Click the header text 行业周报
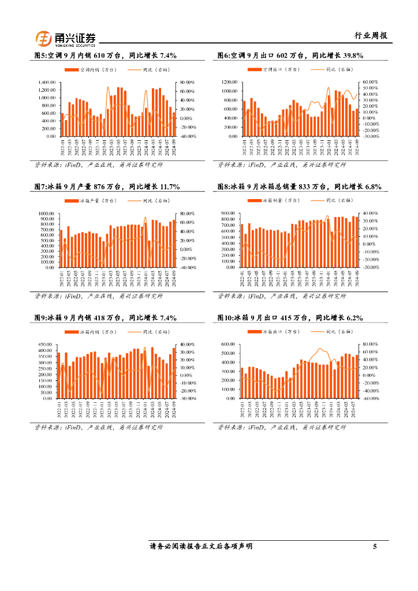click(x=370, y=36)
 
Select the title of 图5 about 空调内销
click(x=105, y=56)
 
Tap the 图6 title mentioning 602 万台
click(x=290, y=56)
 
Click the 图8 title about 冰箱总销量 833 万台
click(x=299, y=187)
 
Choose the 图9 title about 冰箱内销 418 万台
click(x=105, y=318)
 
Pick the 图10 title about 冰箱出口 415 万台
click(x=290, y=318)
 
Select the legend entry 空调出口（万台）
click(x=276, y=70)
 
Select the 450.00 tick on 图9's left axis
click(x=46, y=345)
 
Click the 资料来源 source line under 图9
click(x=99, y=428)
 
